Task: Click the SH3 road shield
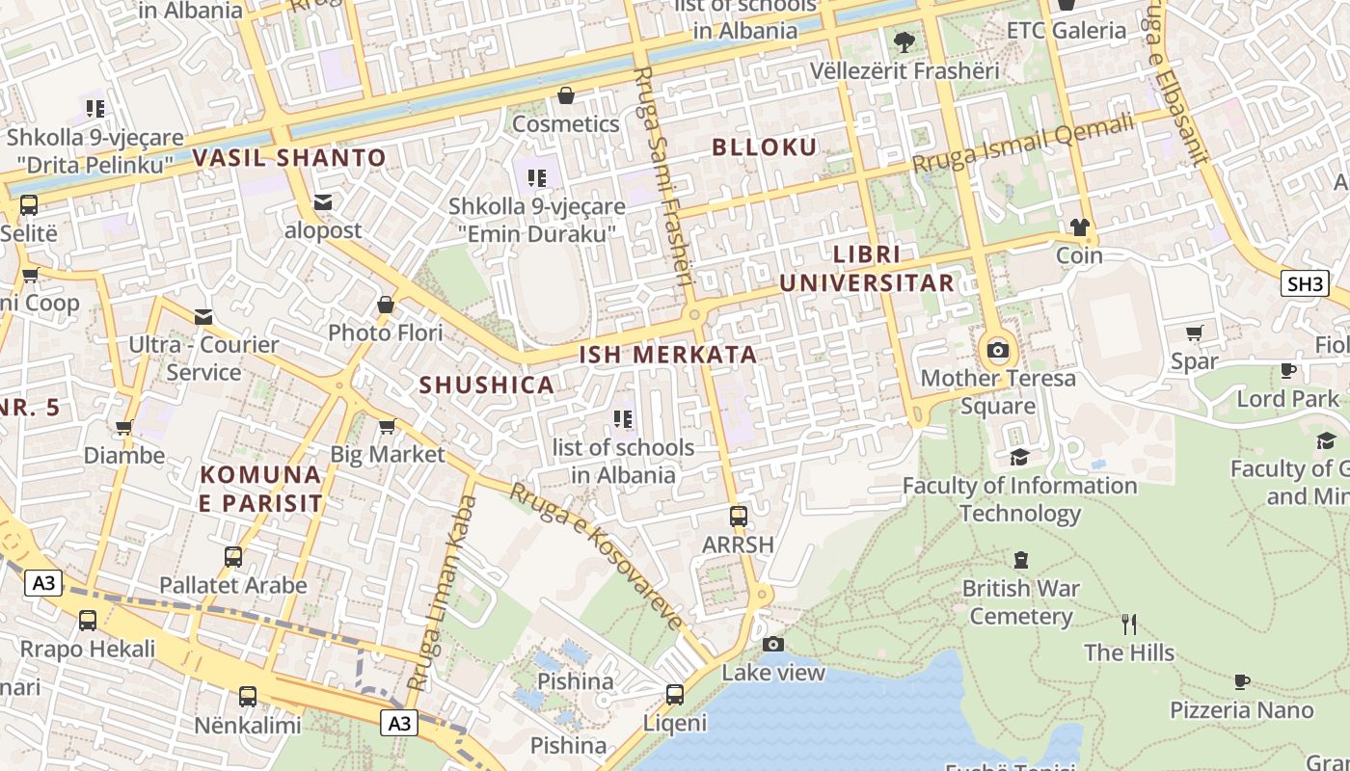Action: (x=1305, y=283)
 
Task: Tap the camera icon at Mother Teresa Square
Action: (x=998, y=350)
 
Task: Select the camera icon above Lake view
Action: (x=772, y=644)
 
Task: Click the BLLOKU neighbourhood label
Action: (x=764, y=147)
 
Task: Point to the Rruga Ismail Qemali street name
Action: (x=1023, y=144)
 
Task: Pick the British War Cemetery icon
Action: (x=1020, y=560)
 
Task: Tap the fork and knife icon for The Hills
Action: (x=1129, y=624)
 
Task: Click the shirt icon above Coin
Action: (x=1079, y=227)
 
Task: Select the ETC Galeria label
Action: (x=1066, y=31)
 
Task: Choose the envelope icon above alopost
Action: (x=322, y=202)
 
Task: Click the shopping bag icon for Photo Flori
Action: (x=386, y=306)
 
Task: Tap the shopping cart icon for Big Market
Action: (x=387, y=426)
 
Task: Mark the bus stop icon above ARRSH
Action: (x=738, y=517)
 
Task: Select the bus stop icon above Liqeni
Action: (x=675, y=694)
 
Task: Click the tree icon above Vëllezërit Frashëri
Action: (x=904, y=42)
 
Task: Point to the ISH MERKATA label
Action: (x=667, y=355)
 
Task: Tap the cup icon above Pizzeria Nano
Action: (x=1242, y=681)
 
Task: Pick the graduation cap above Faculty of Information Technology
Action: (x=1019, y=457)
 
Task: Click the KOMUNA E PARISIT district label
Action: (x=260, y=489)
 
